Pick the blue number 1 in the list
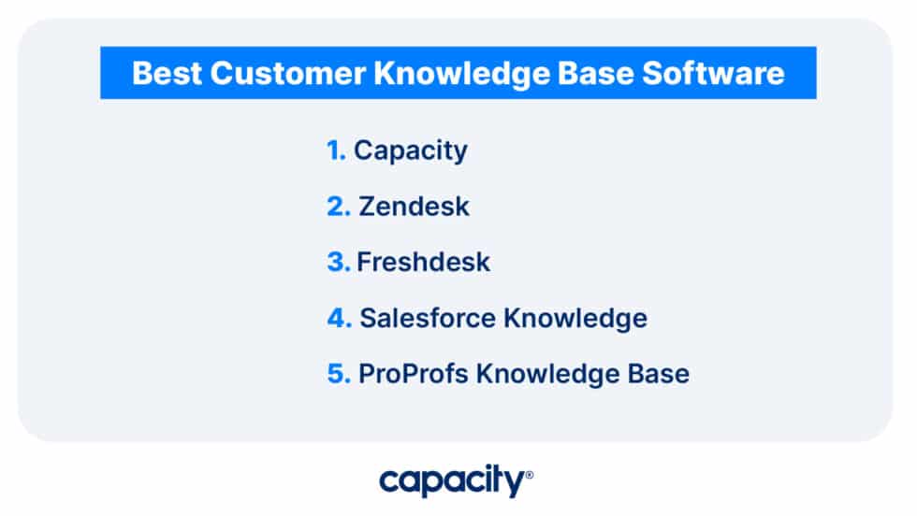tap(335, 150)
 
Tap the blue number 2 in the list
tap(337, 207)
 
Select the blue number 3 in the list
tap(337, 263)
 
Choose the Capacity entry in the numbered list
tap(410, 150)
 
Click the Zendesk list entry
tap(414, 207)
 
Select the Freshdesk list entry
tap(423, 263)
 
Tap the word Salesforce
tap(428, 319)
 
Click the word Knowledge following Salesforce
tap(575, 319)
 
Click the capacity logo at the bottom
tap(451, 482)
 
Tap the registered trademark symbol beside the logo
tap(530, 475)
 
